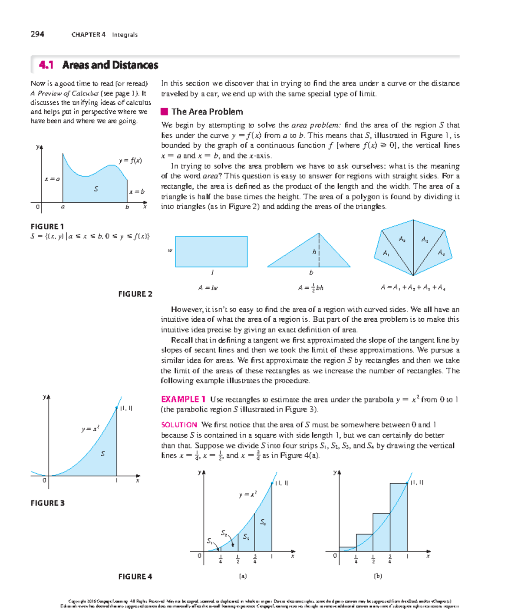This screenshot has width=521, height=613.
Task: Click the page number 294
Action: [x=37, y=34]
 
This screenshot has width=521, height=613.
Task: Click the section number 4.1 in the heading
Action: [x=46, y=65]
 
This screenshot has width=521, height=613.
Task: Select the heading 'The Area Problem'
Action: [x=207, y=112]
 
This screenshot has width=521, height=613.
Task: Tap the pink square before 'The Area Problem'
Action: [x=164, y=112]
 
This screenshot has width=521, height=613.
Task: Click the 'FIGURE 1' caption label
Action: [x=47, y=227]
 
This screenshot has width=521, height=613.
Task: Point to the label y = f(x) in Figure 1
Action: [x=130, y=160]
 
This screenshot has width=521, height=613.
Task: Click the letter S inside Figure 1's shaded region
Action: [x=96, y=189]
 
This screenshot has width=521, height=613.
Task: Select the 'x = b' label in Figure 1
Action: [x=136, y=191]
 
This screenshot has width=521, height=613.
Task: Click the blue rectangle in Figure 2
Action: [x=211, y=251]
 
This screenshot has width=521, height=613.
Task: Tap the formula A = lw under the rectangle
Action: [x=208, y=287]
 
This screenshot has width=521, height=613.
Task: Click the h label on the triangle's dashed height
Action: [x=314, y=251]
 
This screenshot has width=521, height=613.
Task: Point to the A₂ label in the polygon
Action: [x=402, y=239]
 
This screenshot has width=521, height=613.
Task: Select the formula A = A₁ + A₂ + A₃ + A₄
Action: [x=413, y=287]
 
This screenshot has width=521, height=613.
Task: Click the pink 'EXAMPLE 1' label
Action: [x=183, y=399]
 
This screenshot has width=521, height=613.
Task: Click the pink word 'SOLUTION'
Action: [x=179, y=425]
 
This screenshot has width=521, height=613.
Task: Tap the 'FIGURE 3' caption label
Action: [x=47, y=503]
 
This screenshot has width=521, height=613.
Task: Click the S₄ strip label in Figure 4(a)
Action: [x=263, y=522]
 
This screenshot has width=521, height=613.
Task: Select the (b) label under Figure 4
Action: [x=378, y=576]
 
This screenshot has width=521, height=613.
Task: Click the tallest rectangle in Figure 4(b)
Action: [x=398, y=517]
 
